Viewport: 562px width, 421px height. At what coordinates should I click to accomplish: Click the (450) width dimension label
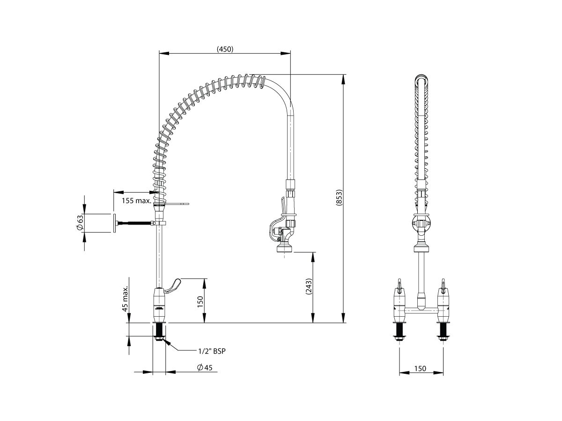225,49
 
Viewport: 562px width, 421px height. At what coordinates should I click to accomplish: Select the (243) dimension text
308,286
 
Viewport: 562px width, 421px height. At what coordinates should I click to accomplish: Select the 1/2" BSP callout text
212,350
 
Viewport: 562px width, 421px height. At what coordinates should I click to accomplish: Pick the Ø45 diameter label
205,368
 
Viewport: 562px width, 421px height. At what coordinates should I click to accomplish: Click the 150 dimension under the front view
421,369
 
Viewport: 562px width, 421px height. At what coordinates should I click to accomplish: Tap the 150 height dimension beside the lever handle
200,302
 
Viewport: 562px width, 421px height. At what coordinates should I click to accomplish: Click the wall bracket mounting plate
113,223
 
